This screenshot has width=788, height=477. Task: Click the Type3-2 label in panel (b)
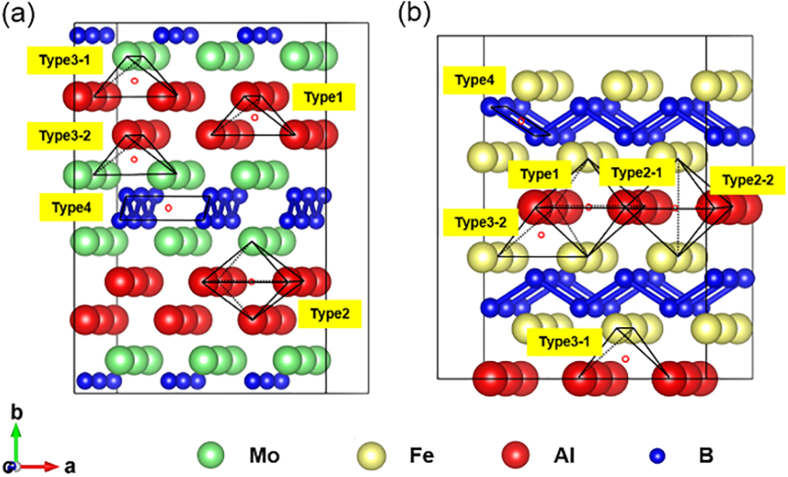coord(475,222)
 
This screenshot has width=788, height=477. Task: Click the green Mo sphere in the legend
coord(211,455)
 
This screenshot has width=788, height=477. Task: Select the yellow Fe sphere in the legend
coord(372,455)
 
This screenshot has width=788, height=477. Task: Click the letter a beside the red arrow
coord(70,466)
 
